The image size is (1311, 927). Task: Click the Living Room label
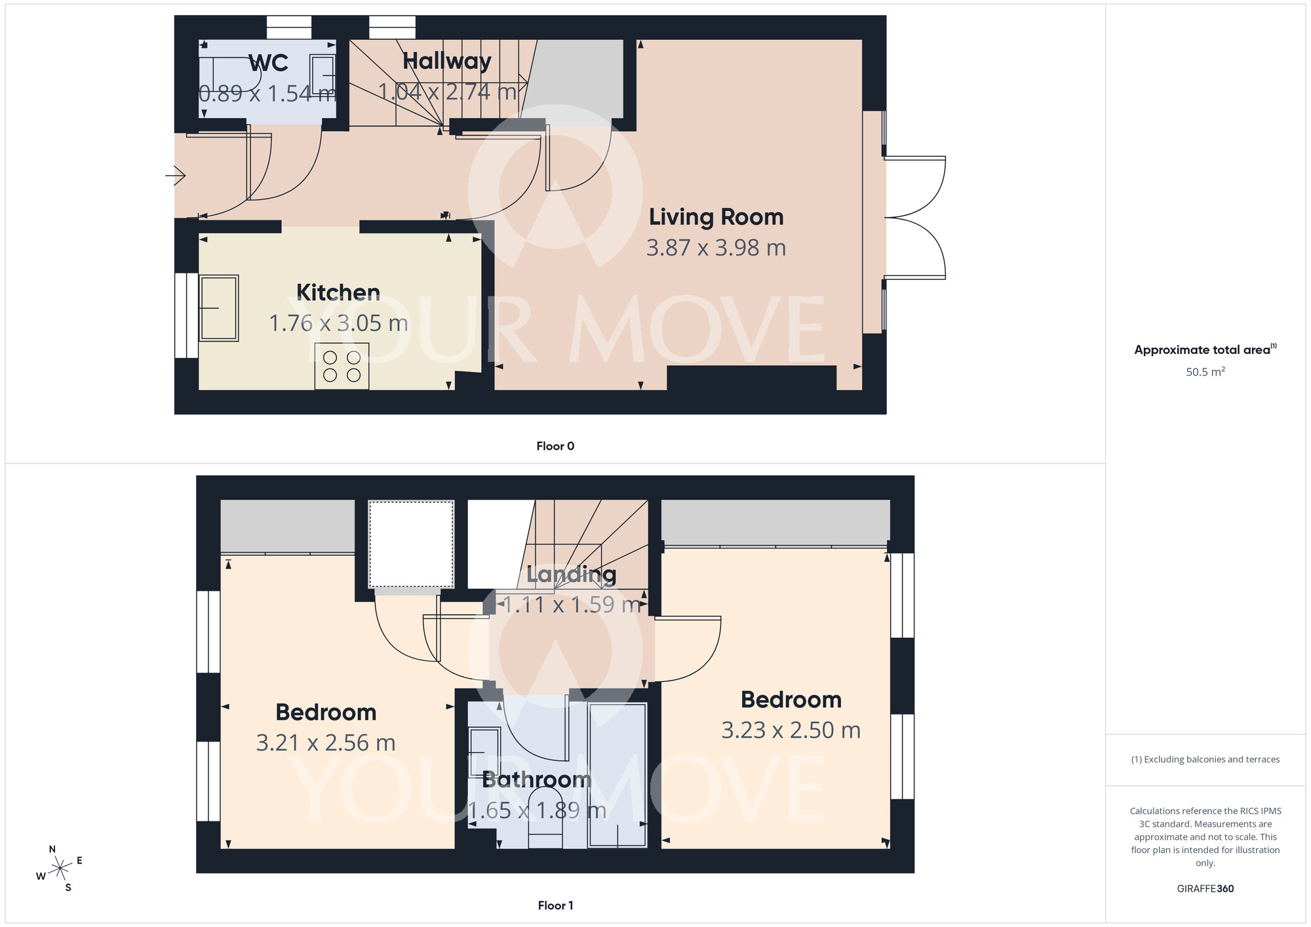tap(716, 217)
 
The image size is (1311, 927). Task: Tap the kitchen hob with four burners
tap(342, 366)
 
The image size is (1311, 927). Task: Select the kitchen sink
tap(218, 308)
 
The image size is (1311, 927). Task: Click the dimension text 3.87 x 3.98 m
tap(716, 248)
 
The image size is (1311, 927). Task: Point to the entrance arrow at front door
tap(176, 176)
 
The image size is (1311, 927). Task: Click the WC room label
tap(269, 63)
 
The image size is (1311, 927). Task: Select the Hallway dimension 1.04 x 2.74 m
tap(448, 92)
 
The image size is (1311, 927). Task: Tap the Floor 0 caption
tap(555, 446)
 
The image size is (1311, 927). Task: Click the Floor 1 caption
tap(555, 905)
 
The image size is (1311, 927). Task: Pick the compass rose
tap(60, 869)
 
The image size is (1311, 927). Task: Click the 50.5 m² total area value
tap(1205, 372)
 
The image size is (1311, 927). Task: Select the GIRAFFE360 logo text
tap(1205, 889)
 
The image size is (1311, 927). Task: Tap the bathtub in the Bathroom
tap(617, 775)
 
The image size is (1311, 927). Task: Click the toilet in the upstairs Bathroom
tap(545, 819)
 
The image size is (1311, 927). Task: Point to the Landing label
tap(571, 574)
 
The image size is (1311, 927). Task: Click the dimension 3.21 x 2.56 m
tap(326, 743)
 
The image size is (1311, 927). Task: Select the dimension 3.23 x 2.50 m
tap(791, 730)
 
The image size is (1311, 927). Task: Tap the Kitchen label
tap(338, 292)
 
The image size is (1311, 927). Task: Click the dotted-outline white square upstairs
tap(411, 544)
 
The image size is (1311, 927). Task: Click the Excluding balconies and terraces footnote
tap(1205, 759)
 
